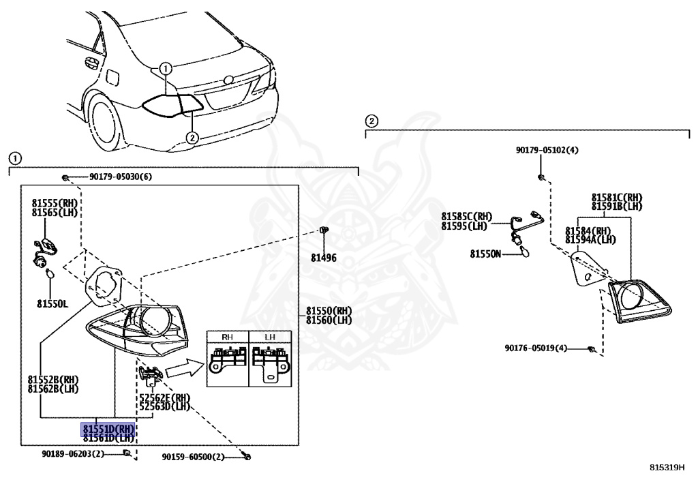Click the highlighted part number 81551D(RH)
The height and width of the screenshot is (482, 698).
(108, 428)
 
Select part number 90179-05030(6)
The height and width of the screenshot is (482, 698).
(120, 177)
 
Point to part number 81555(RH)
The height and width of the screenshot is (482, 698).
(55, 202)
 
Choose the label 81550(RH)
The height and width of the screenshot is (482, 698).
(329, 311)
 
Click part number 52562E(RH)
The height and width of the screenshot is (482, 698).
(164, 397)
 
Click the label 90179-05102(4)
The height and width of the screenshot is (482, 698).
(547, 150)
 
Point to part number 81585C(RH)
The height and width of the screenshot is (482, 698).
(466, 217)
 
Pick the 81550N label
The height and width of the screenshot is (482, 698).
(485, 254)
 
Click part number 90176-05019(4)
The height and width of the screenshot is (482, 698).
(536, 348)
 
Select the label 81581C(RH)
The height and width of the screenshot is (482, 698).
(616, 198)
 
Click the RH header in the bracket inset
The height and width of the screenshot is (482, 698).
(227, 337)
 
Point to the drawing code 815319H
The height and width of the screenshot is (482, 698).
(666, 468)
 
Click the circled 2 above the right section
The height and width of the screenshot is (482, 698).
(371, 121)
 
